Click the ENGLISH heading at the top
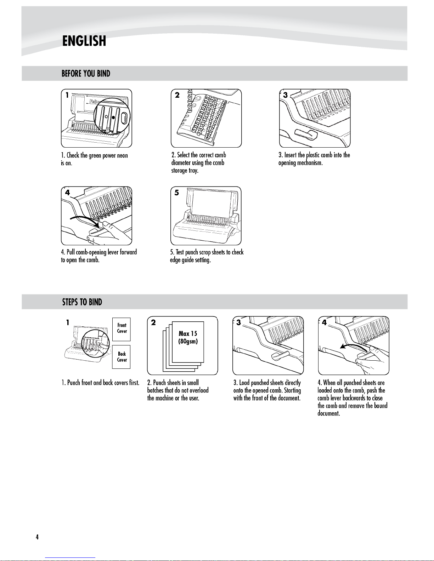click(84, 41)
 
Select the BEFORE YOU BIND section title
click(86, 74)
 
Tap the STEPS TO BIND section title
click(82, 302)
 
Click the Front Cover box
click(122, 329)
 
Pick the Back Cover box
click(122, 357)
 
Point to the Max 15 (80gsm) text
click(188, 337)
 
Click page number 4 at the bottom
click(37, 537)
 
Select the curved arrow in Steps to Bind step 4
click(354, 347)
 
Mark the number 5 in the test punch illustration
click(176, 193)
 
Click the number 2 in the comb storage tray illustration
click(177, 95)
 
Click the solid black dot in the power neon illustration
click(113, 117)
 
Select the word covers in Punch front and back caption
click(121, 383)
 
